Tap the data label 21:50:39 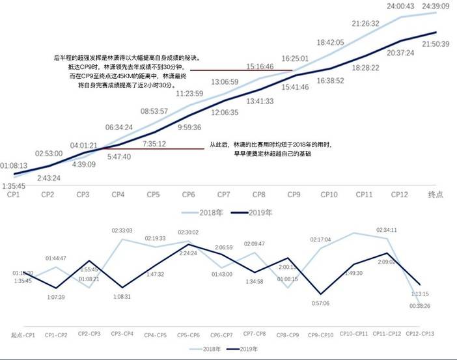click(436, 44)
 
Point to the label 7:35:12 click(154, 144)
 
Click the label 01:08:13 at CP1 click(14, 166)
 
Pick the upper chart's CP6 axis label click(188, 194)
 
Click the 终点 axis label click(436, 194)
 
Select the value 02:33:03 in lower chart click(122, 230)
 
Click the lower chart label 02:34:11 click(387, 230)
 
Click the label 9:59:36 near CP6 click(189, 127)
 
